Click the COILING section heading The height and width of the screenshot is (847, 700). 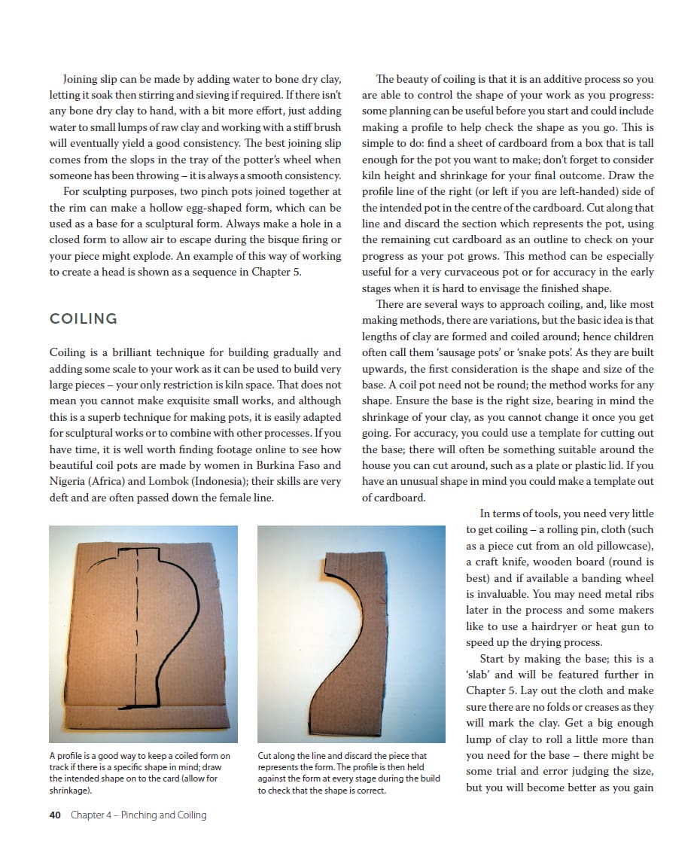point(84,319)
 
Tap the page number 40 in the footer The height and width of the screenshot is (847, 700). point(55,815)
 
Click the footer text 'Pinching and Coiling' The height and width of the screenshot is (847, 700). point(163,815)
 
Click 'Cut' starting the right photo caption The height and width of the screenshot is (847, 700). point(265,756)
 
